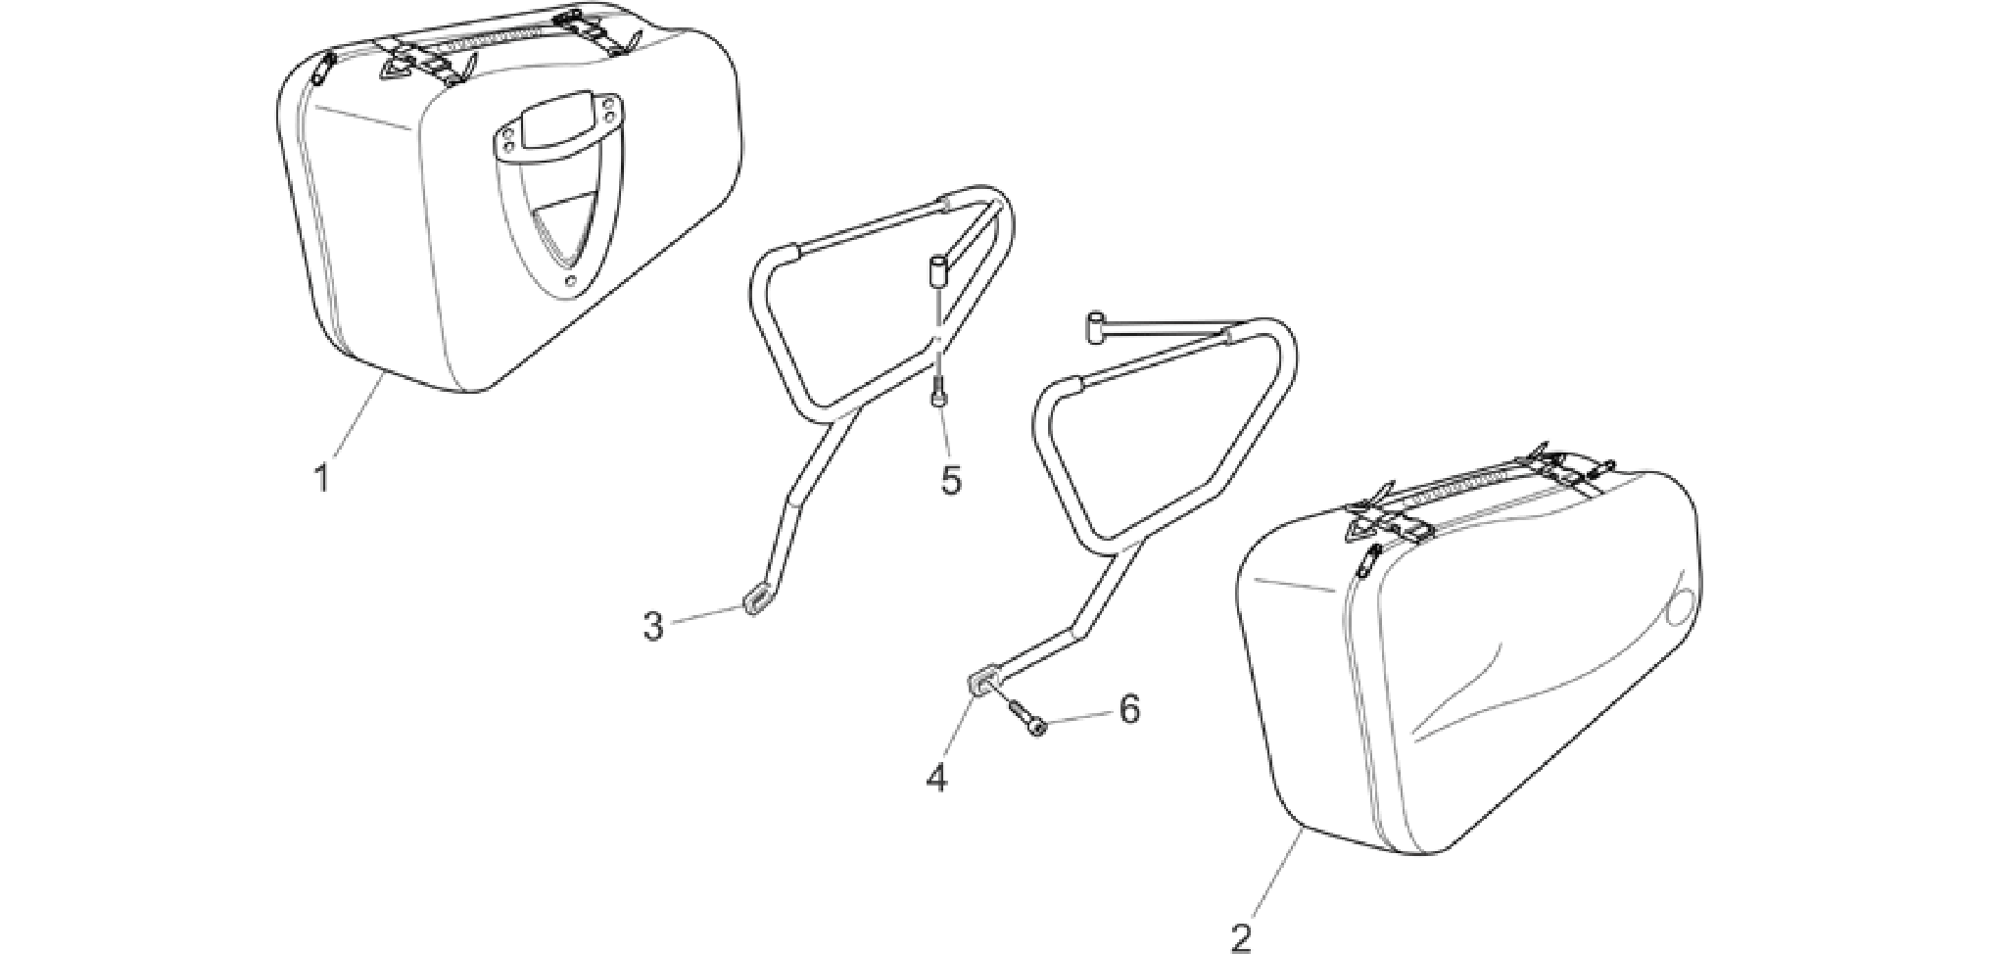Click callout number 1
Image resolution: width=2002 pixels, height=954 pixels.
pyautogui.click(x=320, y=479)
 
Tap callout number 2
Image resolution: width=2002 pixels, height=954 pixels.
pyautogui.click(x=1241, y=934)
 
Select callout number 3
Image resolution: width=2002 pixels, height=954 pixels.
pyautogui.click(x=653, y=626)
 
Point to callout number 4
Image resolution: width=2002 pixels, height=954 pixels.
pyautogui.click(x=937, y=778)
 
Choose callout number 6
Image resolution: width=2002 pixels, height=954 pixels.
pyautogui.click(x=1129, y=709)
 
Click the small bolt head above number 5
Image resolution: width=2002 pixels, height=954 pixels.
pyautogui.click(x=939, y=395)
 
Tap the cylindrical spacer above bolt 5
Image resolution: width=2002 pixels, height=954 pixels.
pyautogui.click(x=937, y=269)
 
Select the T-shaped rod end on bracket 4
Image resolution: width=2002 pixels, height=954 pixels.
pyautogui.click(x=1097, y=328)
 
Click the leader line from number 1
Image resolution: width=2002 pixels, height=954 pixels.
pyautogui.click(x=357, y=414)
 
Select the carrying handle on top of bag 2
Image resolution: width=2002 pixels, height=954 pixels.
pyautogui.click(x=1479, y=499)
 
